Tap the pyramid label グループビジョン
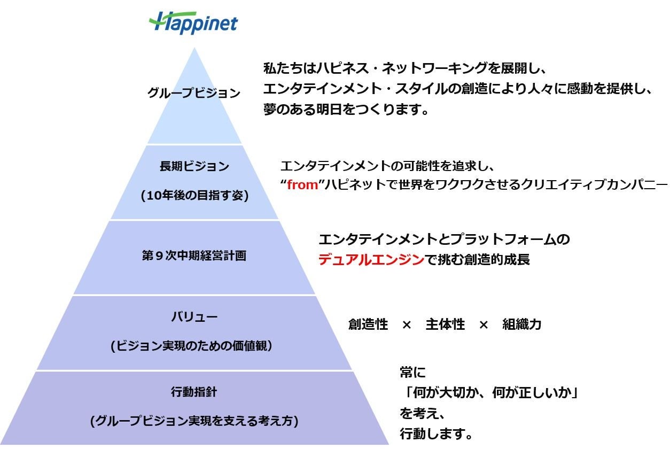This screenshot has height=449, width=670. click(x=194, y=93)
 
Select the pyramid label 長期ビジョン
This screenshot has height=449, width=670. click(x=194, y=166)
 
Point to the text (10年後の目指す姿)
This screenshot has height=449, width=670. click(x=194, y=195)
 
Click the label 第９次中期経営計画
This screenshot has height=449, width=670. click(x=194, y=256)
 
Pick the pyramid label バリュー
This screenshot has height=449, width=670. click(x=194, y=317)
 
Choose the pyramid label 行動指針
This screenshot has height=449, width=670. click(x=194, y=392)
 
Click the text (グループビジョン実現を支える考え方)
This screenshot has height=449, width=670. click(x=194, y=421)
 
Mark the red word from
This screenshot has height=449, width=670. click(x=302, y=185)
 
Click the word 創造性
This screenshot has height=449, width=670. click(x=368, y=324)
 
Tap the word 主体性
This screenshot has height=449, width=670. click(x=445, y=324)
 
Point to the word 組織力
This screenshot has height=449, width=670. click(x=522, y=324)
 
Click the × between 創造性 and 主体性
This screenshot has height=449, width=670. click(x=407, y=324)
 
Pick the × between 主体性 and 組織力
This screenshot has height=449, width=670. click(x=484, y=324)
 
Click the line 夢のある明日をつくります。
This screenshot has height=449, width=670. click(x=347, y=110)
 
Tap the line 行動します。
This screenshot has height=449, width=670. click(x=437, y=433)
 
